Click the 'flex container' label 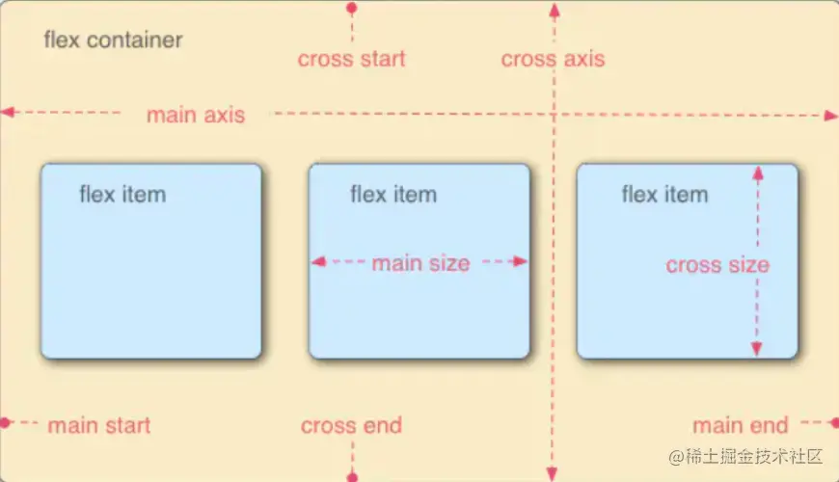click(113, 40)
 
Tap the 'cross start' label click(352, 59)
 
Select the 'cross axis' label click(553, 59)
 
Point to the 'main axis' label click(196, 116)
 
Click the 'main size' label click(420, 262)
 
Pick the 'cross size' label click(717, 265)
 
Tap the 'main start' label click(99, 425)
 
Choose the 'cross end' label click(351, 425)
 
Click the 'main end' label click(741, 425)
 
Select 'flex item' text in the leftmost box click(122, 195)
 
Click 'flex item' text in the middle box click(393, 195)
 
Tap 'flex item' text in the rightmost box click(664, 195)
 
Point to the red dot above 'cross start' click(352, 8)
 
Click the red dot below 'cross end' click(352, 475)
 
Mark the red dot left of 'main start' click(5, 422)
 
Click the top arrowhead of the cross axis click(554, 10)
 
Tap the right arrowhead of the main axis click(831, 116)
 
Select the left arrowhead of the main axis click(8, 113)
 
